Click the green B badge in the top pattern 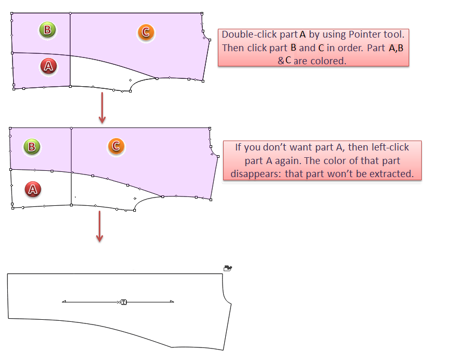(x=48, y=30)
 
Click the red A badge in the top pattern (x=49, y=66)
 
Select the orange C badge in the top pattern (x=146, y=32)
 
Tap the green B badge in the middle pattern (x=32, y=147)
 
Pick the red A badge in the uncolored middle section (x=33, y=189)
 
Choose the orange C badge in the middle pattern (x=116, y=146)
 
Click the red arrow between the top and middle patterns (x=102, y=108)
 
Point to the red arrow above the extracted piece (x=99, y=227)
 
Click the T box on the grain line (x=124, y=302)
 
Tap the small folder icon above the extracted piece (x=228, y=269)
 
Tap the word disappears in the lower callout (x=256, y=175)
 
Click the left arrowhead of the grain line (x=64, y=302)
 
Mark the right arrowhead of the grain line (x=172, y=302)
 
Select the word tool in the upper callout (x=394, y=34)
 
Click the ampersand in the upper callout (x=281, y=61)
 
